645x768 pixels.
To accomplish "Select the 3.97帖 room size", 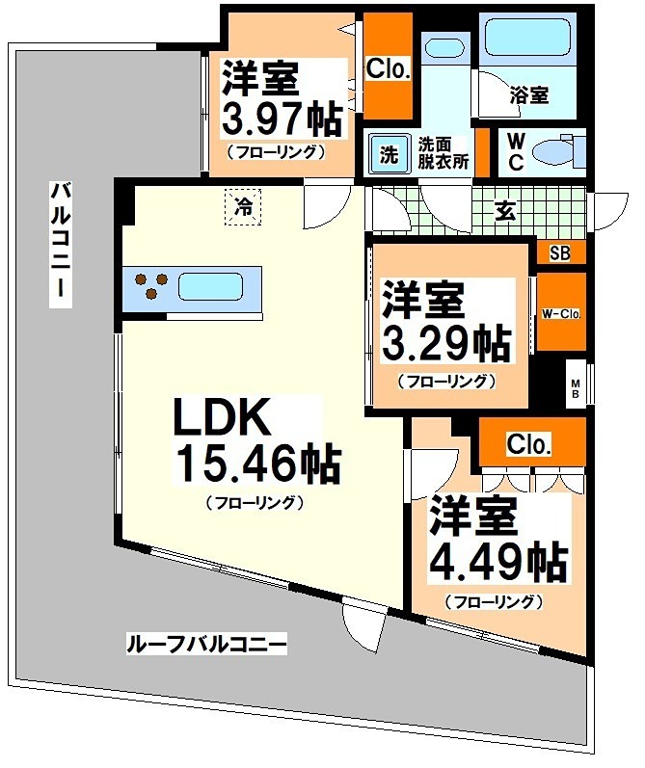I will tap(282, 119).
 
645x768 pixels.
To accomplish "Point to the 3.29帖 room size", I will tap(449, 341).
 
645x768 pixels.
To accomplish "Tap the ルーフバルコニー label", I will tap(206, 644).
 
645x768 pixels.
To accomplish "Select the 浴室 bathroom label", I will tap(528, 95).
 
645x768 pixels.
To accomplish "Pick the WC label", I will tap(517, 151).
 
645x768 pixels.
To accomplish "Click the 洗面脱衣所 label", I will tap(443, 153).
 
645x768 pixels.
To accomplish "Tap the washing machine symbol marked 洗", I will tap(389, 153).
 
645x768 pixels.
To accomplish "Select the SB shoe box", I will tap(559, 253).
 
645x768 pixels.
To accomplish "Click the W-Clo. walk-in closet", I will tap(560, 312).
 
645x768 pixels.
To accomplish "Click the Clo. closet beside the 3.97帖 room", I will tap(389, 69).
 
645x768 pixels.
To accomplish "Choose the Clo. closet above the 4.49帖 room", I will tap(529, 445).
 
